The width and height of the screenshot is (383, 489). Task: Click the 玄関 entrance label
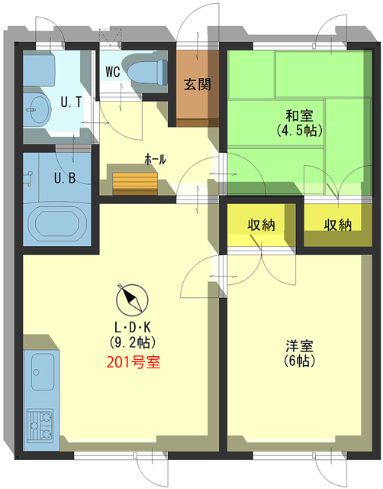pyautogui.click(x=197, y=84)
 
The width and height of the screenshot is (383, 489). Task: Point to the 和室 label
pyautogui.click(x=299, y=116)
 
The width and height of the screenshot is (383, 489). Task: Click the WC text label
pyautogui.click(x=112, y=73)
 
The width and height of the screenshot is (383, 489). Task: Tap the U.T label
pyautogui.click(x=72, y=102)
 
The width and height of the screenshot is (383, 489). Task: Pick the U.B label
pyautogui.click(x=63, y=180)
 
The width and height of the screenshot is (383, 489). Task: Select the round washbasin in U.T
pyautogui.click(x=35, y=110)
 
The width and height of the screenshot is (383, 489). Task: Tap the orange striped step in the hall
pyautogui.click(x=135, y=182)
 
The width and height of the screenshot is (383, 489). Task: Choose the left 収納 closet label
pyautogui.click(x=261, y=225)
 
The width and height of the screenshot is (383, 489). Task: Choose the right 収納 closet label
pyautogui.click(x=336, y=225)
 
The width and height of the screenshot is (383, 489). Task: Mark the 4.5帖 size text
pyautogui.click(x=299, y=130)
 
